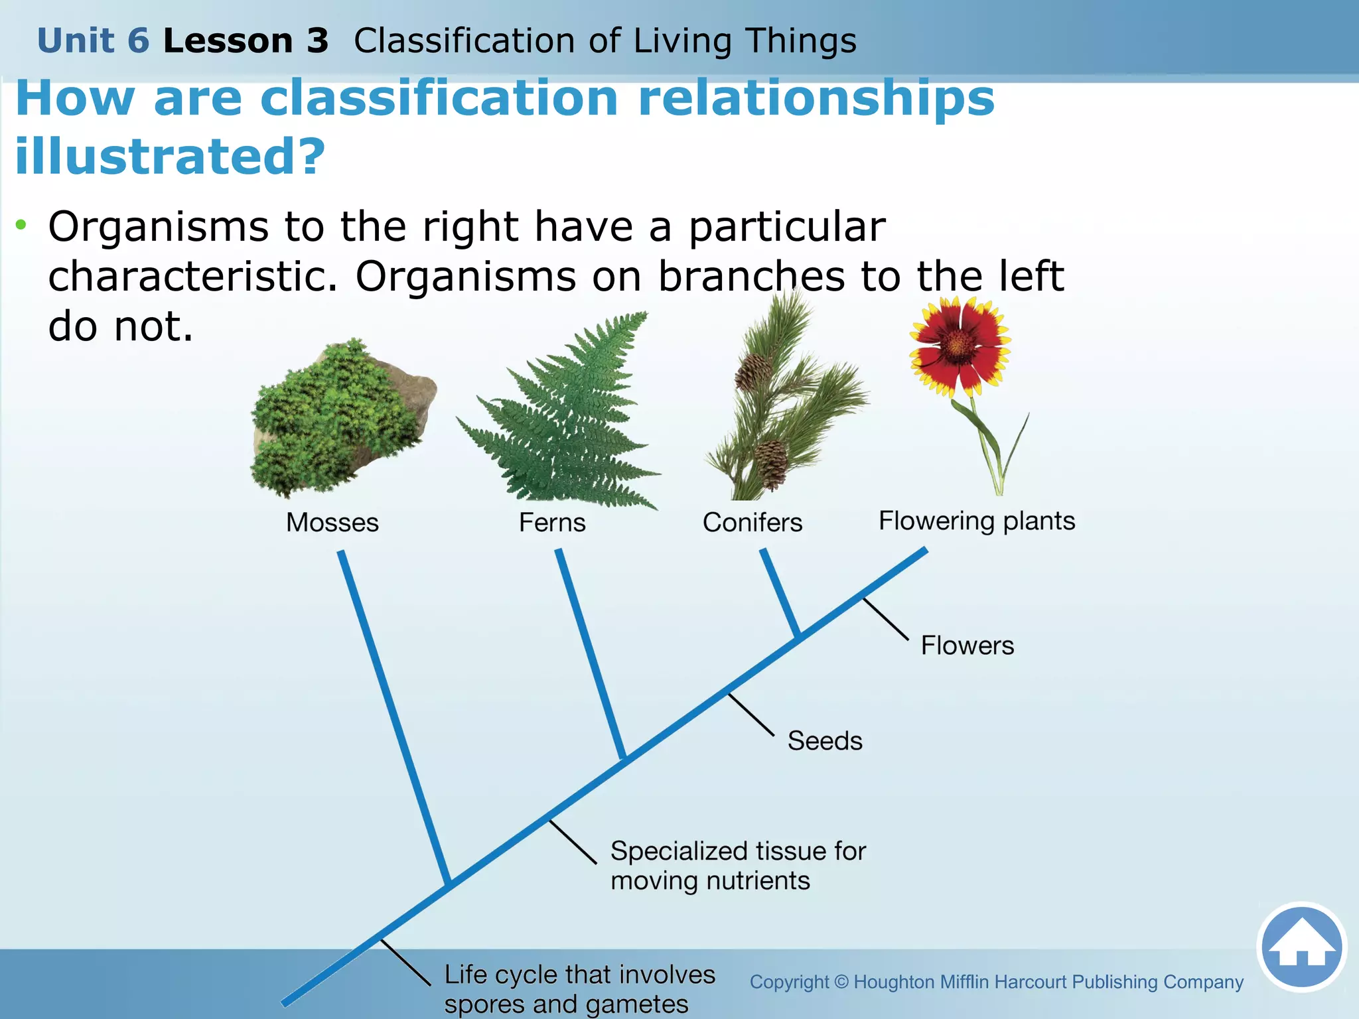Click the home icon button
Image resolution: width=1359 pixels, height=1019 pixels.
pos(1301,947)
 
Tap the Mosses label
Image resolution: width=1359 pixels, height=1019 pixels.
pos(332,523)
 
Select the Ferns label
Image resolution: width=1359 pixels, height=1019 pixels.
pos(552,523)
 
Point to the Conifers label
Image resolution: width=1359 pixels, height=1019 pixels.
pos(752,523)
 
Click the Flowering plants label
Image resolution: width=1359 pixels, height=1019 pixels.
pos(977,521)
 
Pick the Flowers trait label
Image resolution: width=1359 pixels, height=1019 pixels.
pos(967,645)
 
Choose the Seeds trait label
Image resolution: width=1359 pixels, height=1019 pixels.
pos(825,741)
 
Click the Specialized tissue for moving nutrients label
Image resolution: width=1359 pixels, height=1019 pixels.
pos(738,866)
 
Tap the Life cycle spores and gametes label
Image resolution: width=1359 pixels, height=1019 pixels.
pos(579,989)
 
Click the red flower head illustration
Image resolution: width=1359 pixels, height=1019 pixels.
pos(959,345)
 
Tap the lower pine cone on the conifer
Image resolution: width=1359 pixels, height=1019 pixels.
pos(772,463)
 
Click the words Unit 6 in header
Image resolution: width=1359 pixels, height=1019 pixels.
pos(94,40)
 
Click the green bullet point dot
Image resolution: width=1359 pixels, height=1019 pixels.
pos(22,225)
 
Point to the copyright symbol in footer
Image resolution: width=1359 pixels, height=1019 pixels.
pos(841,982)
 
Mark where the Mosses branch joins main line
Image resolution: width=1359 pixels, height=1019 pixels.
pos(449,885)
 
